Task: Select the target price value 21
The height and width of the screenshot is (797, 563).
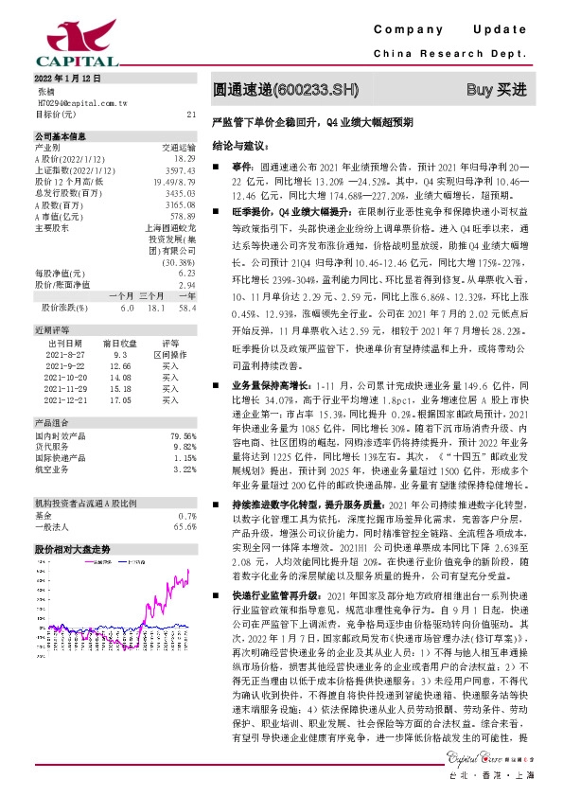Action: tap(191, 114)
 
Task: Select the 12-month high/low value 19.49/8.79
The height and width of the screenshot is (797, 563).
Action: tap(177, 180)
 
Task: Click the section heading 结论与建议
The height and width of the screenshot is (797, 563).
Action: tap(236, 146)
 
